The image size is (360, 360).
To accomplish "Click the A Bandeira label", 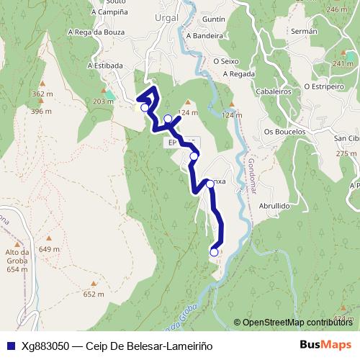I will [x=202, y=35].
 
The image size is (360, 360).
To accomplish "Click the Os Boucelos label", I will [x=285, y=132].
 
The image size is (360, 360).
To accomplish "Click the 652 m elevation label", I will [x=94, y=294].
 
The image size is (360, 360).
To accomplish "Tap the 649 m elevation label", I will [x=49, y=249].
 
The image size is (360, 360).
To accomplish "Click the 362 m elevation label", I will [x=42, y=94].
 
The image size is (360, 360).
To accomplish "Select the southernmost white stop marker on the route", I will [x=214, y=252].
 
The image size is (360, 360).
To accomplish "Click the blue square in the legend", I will [x=7, y=346].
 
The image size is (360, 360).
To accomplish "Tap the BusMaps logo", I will [x=325, y=345].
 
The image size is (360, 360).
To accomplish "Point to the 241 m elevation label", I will [x=342, y=64].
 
